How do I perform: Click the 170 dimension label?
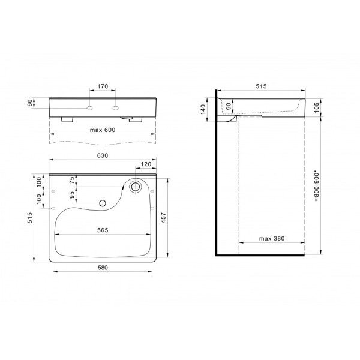[103, 86]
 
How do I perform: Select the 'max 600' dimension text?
[103, 130]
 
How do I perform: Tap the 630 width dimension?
[103, 155]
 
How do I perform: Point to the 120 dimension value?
[146, 164]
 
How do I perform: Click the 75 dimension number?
[72, 180]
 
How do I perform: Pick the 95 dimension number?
[72, 195]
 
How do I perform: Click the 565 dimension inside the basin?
[103, 230]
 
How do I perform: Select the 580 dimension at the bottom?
[103, 268]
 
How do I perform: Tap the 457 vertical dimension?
[163, 218]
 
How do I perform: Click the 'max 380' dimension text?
[272, 239]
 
